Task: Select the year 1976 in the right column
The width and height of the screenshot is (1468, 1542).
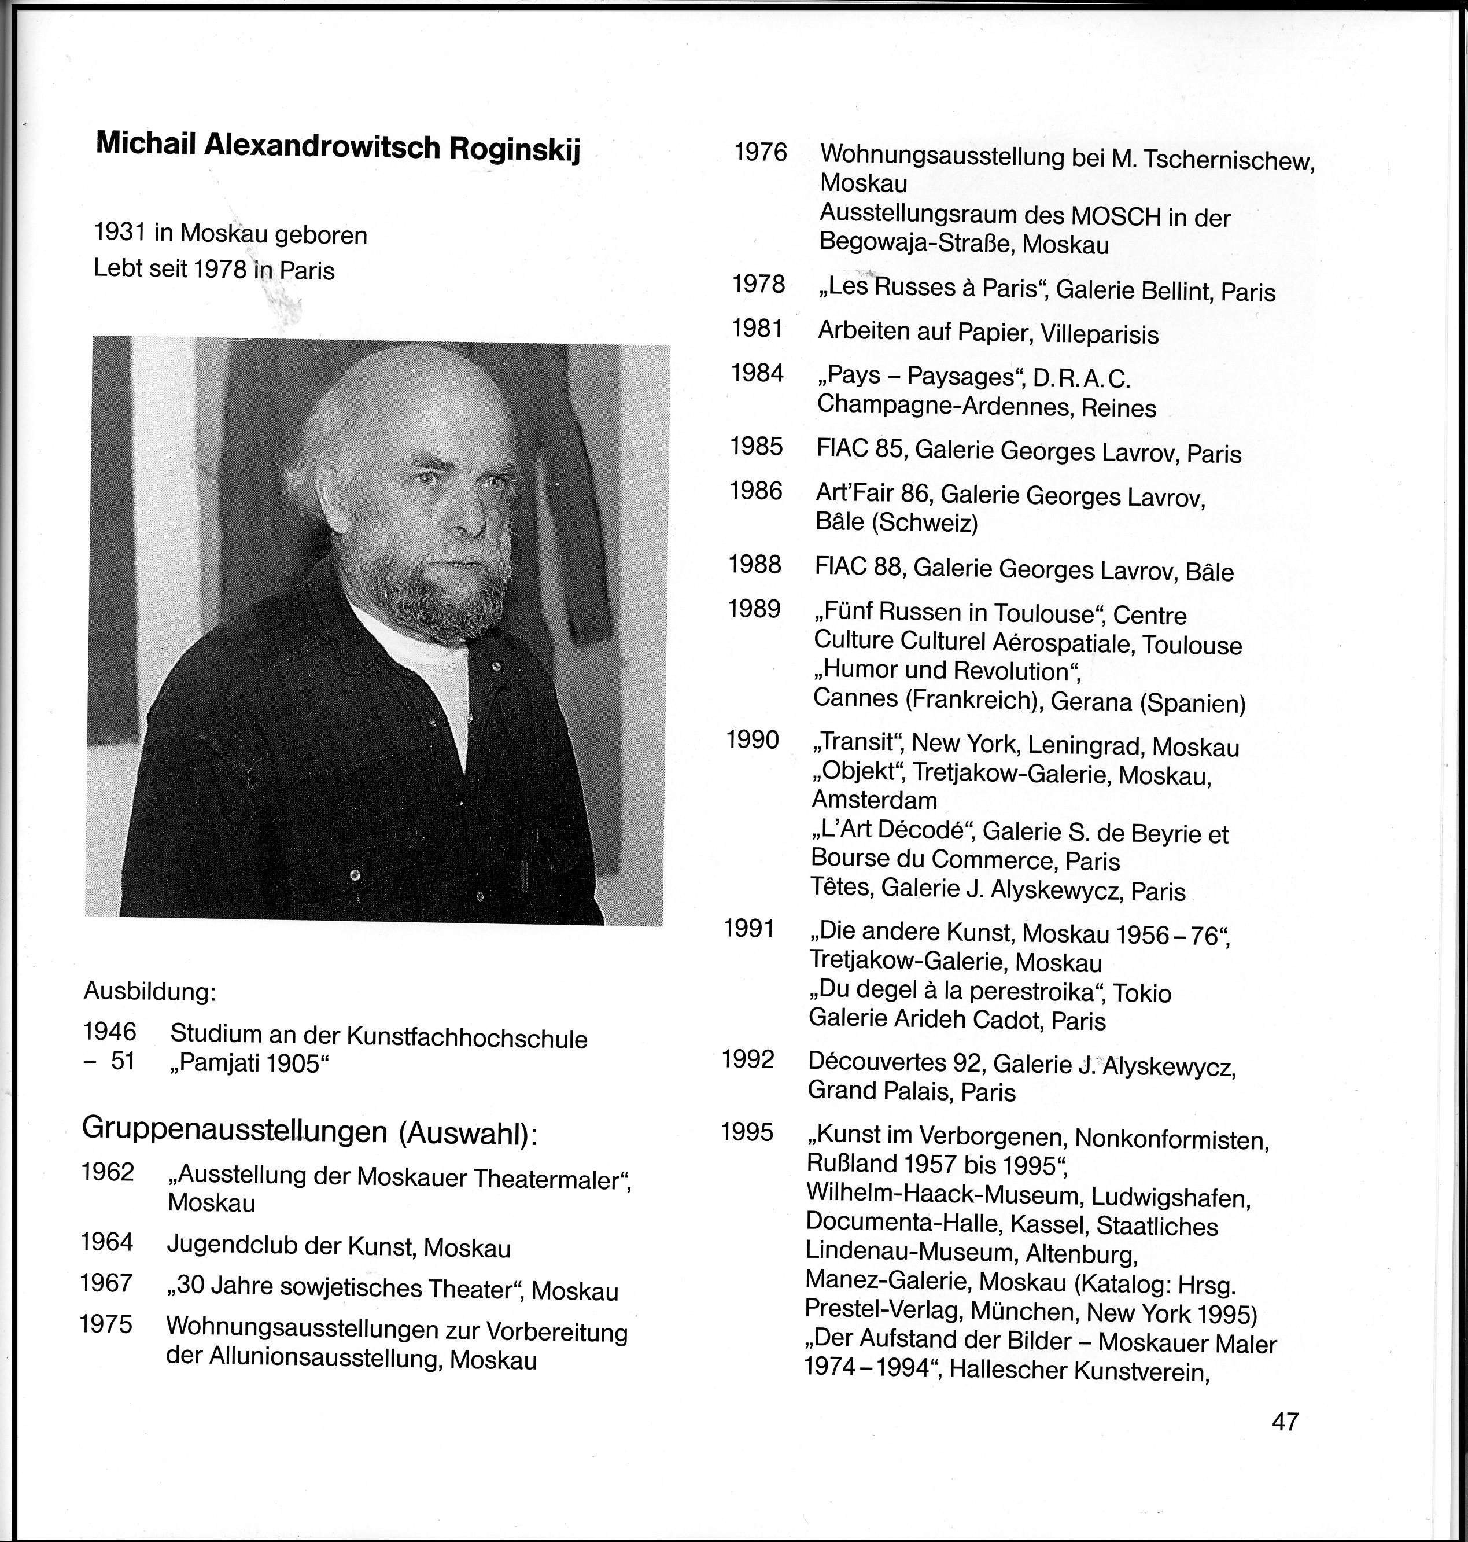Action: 761,152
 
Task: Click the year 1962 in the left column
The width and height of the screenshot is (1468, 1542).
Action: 108,1172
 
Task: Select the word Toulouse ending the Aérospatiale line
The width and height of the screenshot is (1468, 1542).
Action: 1192,645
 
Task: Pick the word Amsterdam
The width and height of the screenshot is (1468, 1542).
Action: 874,800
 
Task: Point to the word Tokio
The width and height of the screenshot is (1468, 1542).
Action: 1142,993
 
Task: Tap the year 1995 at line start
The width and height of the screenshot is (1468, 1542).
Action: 747,1132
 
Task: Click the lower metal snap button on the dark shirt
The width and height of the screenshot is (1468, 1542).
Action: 355,874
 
